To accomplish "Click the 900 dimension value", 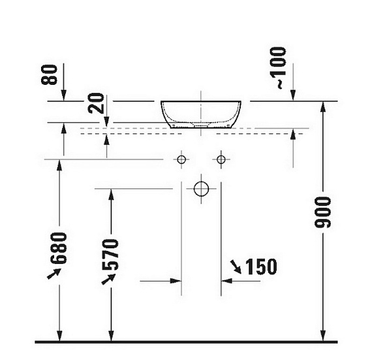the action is pos(323,212).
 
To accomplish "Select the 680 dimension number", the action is pos(59,248).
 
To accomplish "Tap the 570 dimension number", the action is pos(110,254).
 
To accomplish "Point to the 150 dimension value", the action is pos(261,267).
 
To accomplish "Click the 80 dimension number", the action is pos(50,74).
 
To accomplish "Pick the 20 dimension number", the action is pos(97,103).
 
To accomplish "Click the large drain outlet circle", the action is pos(202,189).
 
